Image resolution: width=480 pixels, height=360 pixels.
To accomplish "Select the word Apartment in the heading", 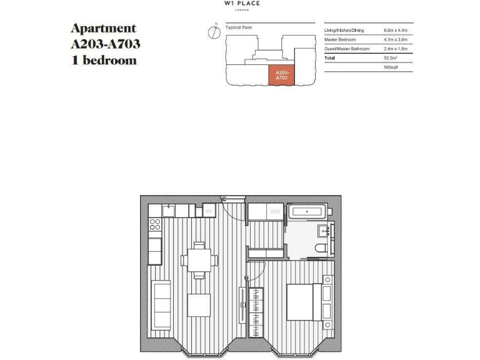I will point(103,29).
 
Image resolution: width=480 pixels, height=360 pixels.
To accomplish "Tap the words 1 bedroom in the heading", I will point(103,61).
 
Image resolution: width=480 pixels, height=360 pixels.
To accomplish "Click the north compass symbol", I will point(213,32).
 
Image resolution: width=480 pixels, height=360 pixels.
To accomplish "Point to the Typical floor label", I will point(237,27).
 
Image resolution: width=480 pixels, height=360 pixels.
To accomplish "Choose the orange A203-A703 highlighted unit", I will point(281,75).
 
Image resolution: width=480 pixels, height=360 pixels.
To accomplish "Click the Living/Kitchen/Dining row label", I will point(343,30).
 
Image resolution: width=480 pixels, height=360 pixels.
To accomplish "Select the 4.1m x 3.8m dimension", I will point(394,39).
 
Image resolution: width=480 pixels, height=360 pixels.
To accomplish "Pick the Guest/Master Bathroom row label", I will point(347,49).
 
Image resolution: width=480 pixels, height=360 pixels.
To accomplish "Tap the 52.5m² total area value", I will point(391,58).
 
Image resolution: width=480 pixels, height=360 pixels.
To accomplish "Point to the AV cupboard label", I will point(209,211).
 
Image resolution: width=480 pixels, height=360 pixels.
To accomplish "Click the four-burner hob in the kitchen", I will point(155,223).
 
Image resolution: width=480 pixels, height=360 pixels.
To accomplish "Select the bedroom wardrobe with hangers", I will point(256,311).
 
